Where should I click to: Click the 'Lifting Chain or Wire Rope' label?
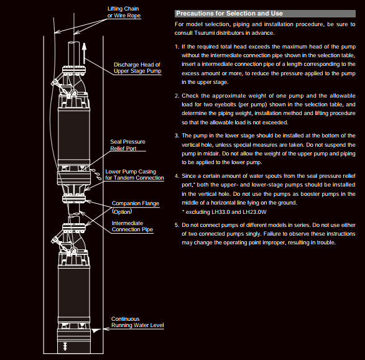click(x=124, y=12)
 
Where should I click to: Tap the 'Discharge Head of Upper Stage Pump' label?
click(x=137, y=68)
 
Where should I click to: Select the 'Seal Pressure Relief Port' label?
click(x=127, y=145)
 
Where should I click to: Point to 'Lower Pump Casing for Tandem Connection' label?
click(x=134, y=175)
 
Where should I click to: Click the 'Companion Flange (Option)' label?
click(x=136, y=207)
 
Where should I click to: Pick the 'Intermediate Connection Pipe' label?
click(x=132, y=226)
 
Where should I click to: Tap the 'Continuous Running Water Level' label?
click(x=137, y=322)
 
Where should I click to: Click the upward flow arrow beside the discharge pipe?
click(x=85, y=53)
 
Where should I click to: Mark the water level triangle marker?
click(x=95, y=331)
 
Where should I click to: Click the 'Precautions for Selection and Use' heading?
click(x=229, y=13)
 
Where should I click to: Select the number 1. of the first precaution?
click(x=177, y=47)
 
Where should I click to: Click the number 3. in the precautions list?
click(x=177, y=136)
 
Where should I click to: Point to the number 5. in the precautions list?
click(x=177, y=225)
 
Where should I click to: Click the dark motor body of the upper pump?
click(x=74, y=135)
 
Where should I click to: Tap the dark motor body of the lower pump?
click(x=74, y=292)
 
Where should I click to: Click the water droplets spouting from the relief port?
click(x=96, y=175)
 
